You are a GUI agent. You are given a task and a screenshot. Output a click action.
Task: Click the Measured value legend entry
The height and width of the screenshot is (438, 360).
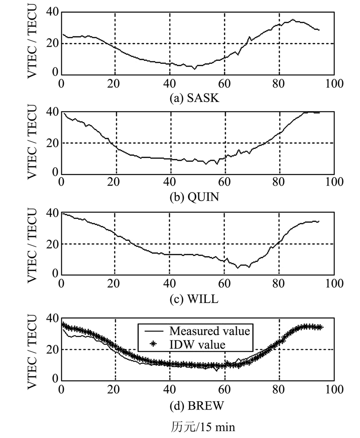coord(209,331)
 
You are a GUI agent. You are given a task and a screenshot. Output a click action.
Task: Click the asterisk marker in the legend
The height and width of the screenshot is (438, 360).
coord(153,345)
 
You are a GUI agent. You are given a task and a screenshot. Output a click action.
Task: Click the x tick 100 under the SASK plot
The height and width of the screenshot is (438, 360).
coord(334,83)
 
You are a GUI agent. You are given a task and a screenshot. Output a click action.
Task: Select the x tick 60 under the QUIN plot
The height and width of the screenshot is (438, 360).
coord(225,183)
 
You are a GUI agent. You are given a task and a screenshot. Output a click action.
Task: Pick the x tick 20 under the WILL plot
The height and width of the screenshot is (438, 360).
coord(115,284)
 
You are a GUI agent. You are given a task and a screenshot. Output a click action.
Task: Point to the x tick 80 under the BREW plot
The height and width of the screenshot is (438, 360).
coord(279,389)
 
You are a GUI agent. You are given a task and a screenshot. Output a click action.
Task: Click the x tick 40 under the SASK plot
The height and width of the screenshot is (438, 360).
coord(170,83)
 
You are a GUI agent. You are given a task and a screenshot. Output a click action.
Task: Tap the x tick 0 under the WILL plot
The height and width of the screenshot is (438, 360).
coord(62,284)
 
